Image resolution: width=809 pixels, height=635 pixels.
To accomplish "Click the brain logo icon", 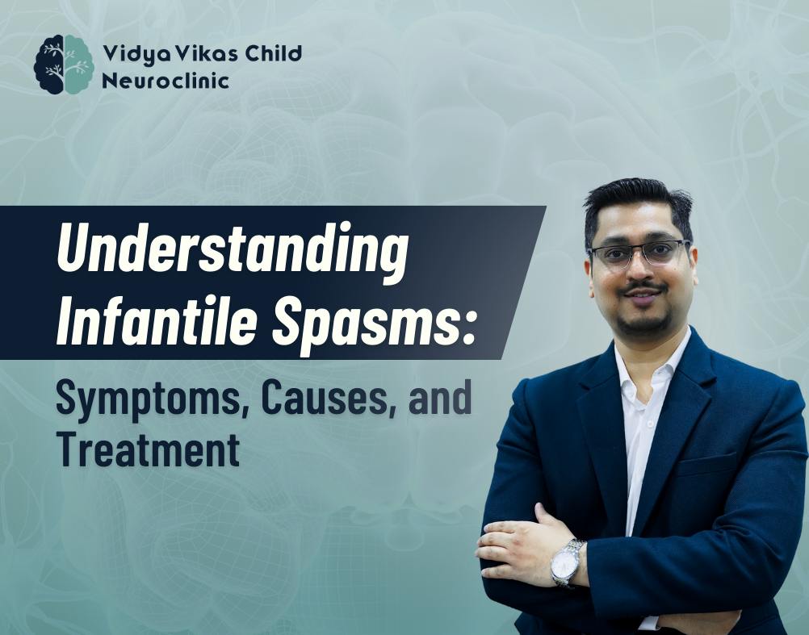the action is click(x=64, y=65).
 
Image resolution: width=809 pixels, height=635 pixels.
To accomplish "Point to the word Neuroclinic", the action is click(x=165, y=81).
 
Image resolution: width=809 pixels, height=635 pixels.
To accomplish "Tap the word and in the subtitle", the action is click(x=440, y=397).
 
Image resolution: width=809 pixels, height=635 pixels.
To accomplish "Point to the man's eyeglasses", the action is click(x=639, y=253).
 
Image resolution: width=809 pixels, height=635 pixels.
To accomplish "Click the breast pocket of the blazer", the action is click(x=706, y=465).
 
